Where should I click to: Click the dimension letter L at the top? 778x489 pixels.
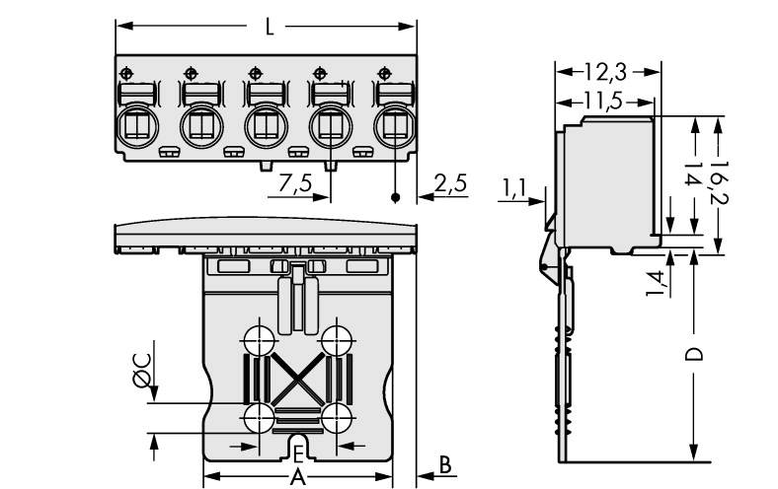pos(270,27)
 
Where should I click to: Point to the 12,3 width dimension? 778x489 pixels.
pos(602,71)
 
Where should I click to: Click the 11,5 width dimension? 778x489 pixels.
pos(602,101)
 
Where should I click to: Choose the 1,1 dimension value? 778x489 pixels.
pos(514,185)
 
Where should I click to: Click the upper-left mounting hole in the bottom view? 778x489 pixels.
pos(259,338)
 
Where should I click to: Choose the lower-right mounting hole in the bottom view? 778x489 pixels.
pos(337,416)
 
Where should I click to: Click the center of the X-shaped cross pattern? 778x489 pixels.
pos(297,377)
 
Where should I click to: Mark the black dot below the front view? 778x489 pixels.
pos(396,198)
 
